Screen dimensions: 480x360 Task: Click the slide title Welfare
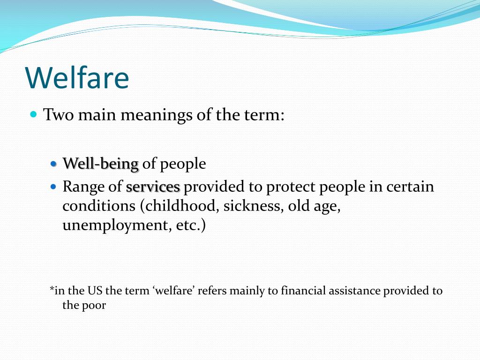[77, 77]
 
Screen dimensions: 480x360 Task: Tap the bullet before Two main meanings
[34, 115]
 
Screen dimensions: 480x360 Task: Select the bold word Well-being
[101, 164]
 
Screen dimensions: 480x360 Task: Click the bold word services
[153, 187]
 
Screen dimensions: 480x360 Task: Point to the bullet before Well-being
[53, 164]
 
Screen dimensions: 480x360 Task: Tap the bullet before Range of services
[53, 186]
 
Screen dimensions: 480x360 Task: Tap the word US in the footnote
[95, 291]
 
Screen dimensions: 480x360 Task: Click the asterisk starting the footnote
[52, 289]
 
